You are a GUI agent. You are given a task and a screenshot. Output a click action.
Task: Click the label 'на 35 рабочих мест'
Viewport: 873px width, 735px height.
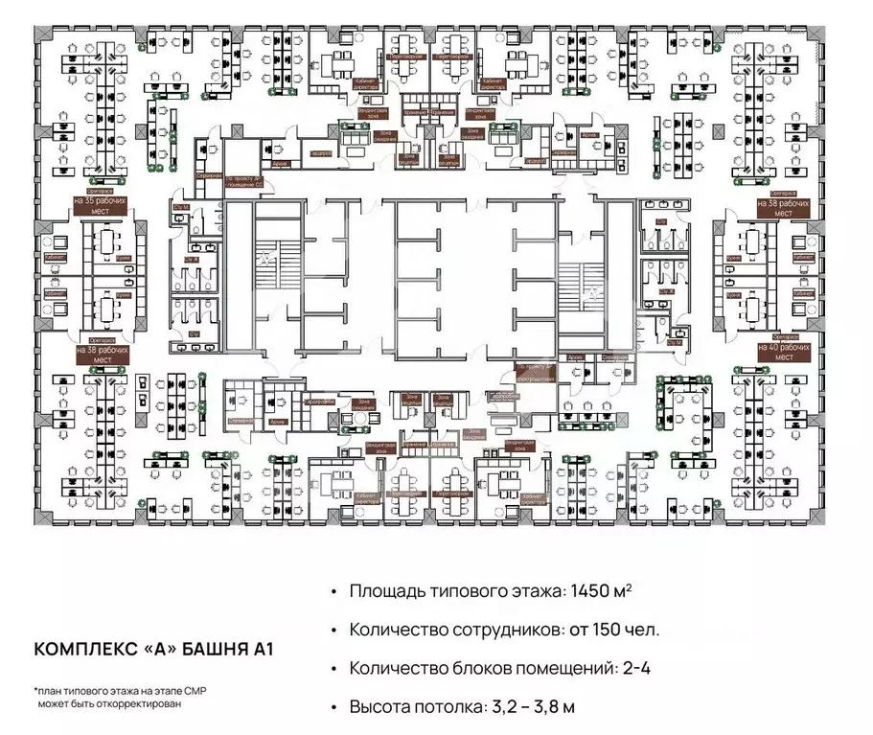coord(103,208)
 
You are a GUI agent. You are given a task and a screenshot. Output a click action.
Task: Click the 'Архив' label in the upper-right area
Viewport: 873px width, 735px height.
coord(590,137)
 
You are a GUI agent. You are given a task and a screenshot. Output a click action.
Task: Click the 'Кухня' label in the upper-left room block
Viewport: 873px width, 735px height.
coord(122,259)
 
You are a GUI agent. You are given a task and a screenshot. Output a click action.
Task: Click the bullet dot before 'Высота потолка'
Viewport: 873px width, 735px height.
coord(333,707)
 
